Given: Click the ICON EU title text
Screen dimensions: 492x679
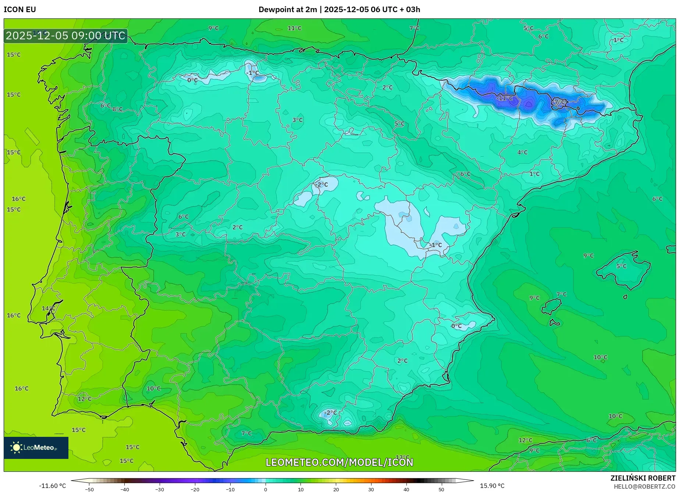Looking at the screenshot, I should coord(20,10).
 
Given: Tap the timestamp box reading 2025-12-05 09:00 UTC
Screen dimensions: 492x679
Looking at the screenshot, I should coord(65,36).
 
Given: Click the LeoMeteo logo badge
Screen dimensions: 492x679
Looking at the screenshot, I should coord(36,448).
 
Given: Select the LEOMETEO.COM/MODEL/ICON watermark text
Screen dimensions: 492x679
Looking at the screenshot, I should coord(339,462).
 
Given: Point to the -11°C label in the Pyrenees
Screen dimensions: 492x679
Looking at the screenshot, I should coord(504,98).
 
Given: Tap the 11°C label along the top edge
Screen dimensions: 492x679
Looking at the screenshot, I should coord(294,28).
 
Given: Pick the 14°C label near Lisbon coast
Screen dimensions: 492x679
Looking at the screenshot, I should coord(48,309).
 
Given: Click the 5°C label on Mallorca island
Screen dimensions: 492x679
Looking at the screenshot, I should coord(621,266).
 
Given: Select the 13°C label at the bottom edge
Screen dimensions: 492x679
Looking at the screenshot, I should coord(402,457).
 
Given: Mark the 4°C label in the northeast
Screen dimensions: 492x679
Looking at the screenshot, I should coord(522,152).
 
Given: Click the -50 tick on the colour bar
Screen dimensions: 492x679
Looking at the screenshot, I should coord(89,489).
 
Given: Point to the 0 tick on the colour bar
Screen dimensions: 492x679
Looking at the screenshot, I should coord(265,489).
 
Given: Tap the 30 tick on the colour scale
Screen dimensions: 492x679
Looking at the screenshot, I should coord(371,489).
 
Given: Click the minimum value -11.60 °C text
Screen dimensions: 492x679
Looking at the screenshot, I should coord(52,486).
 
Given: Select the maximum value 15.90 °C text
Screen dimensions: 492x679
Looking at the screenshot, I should coord(492,486).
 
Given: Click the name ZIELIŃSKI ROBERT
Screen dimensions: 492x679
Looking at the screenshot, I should coord(643,478).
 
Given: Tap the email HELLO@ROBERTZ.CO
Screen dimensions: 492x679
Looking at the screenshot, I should coord(644,486).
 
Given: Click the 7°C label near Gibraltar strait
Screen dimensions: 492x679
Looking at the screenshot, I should coord(246,434).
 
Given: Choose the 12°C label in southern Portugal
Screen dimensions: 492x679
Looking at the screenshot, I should coord(84,399).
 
